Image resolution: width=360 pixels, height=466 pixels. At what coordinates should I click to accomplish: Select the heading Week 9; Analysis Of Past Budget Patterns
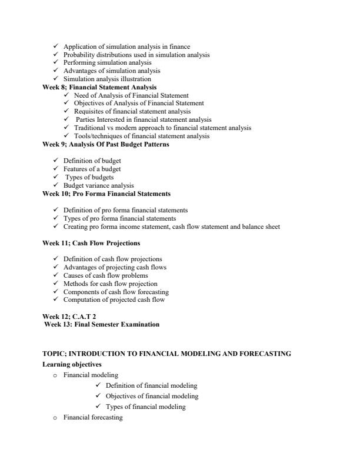[x=106, y=144]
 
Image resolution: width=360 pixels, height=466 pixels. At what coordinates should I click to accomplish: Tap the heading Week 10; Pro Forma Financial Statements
[x=106, y=194]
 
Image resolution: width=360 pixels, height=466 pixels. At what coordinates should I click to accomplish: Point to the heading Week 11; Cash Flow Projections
[x=91, y=243]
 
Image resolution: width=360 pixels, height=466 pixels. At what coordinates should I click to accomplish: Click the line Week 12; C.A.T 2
[x=69, y=316]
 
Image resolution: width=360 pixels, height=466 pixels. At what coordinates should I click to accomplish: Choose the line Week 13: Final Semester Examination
[x=102, y=324]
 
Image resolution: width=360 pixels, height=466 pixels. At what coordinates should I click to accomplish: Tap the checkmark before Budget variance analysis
[x=55, y=185]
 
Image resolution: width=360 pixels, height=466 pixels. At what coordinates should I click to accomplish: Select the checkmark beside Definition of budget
[x=55, y=161]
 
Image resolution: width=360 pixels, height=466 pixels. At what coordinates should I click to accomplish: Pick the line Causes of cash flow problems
[x=105, y=275]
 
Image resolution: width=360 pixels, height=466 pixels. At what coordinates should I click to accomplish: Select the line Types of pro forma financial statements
[x=125, y=218]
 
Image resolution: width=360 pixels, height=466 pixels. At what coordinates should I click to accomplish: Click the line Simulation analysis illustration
[x=107, y=79]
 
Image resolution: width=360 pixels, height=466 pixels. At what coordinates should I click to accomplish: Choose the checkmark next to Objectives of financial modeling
[x=98, y=396]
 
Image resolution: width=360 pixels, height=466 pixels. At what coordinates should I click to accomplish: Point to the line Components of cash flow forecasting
[x=116, y=292]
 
